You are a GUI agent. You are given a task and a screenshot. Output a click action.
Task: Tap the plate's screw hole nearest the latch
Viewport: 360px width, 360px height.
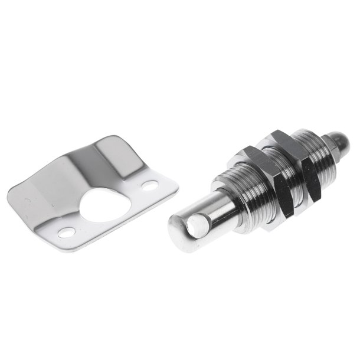point(150,185)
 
